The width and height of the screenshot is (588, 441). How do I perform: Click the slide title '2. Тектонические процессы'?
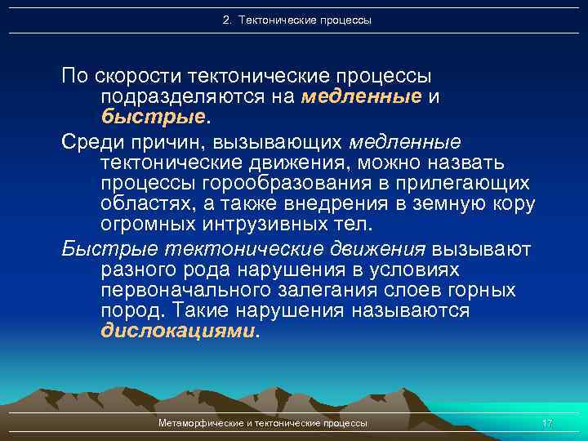pos(296,20)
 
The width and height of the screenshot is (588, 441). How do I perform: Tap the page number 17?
pos(547,423)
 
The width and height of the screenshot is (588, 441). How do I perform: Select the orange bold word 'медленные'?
pos(361,97)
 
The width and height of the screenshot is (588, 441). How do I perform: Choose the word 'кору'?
pos(514,202)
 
